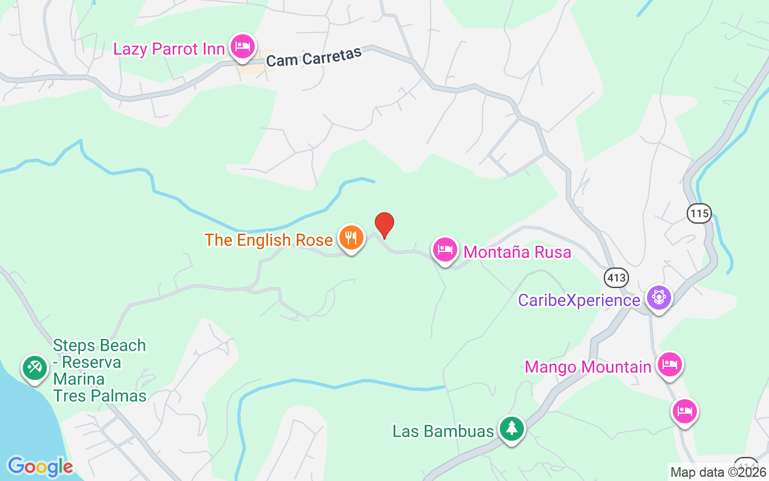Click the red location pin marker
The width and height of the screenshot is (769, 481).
[x=384, y=225]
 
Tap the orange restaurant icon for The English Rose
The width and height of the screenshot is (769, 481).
[x=351, y=238]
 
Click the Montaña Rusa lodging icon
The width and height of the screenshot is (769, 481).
[x=445, y=250]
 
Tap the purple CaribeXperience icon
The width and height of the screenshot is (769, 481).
[x=659, y=298]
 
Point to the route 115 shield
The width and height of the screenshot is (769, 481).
[x=699, y=213]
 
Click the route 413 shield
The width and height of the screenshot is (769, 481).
[x=616, y=278]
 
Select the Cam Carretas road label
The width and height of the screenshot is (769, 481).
[x=314, y=57]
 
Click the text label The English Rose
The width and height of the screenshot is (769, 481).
[x=269, y=240]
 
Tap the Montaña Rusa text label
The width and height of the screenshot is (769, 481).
[x=517, y=252]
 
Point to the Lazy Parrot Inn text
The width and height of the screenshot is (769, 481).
[x=169, y=49]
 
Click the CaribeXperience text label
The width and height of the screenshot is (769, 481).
[x=579, y=300]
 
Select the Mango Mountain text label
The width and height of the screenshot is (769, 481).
[x=588, y=367]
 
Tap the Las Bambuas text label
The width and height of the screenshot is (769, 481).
[x=443, y=431]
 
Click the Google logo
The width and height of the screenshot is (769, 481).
[x=40, y=466]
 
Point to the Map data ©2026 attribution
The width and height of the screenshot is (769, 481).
[x=719, y=472]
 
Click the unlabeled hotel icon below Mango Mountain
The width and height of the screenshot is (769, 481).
[x=685, y=411]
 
